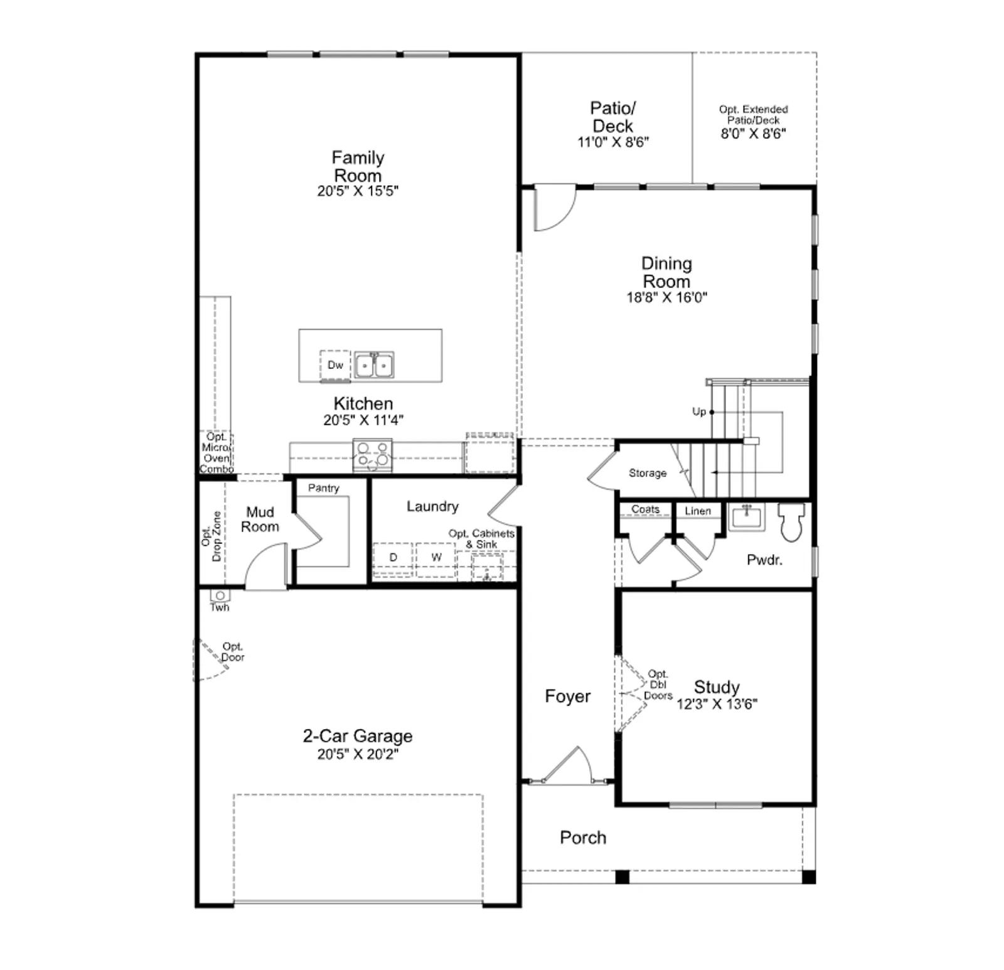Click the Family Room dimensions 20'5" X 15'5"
[x=358, y=191]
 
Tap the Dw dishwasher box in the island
[x=335, y=365]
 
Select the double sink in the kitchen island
[x=374, y=365]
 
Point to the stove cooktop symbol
[x=372, y=456]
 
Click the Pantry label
[x=324, y=488]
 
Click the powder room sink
[x=746, y=518]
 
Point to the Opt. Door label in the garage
[x=233, y=652]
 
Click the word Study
[x=717, y=687]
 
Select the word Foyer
[x=568, y=696]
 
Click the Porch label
[x=583, y=838]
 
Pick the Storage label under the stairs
[x=648, y=473]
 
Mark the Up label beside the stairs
[x=699, y=412]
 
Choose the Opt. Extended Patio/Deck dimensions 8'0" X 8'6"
[x=753, y=134]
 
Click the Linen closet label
[x=698, y=511]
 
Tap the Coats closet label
[x=646, y=509]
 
